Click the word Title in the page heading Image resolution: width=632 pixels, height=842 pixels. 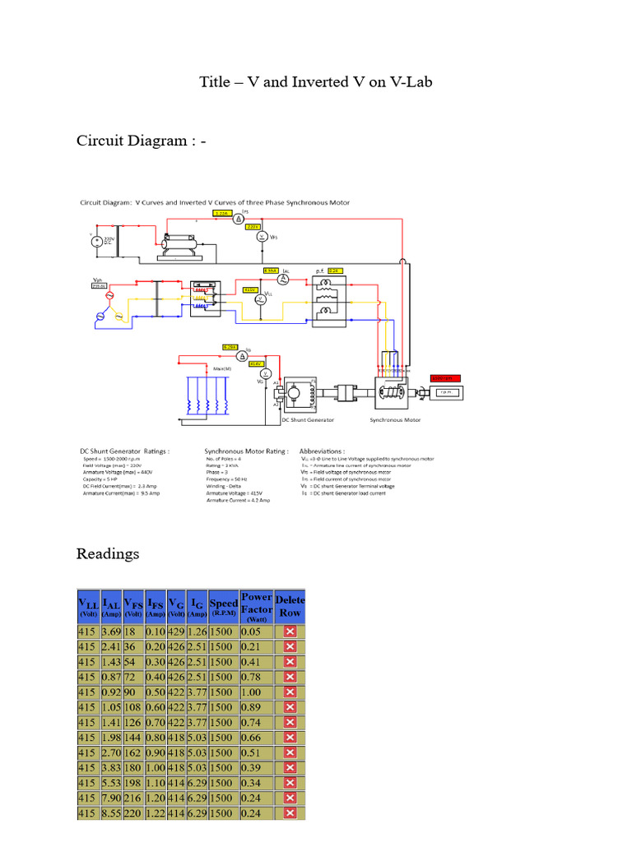(216, 81)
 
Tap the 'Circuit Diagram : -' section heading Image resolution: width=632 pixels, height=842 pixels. (141, 141)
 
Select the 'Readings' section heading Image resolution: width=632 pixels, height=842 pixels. (108, 553)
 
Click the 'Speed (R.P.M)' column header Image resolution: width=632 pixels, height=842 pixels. (223, 607)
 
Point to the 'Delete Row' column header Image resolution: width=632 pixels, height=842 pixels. (290, 606)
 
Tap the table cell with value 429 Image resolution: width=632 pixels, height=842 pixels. (175, 631)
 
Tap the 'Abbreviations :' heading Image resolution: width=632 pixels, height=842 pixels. (326, 451)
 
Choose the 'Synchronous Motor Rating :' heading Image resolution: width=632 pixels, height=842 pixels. (246, 451)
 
